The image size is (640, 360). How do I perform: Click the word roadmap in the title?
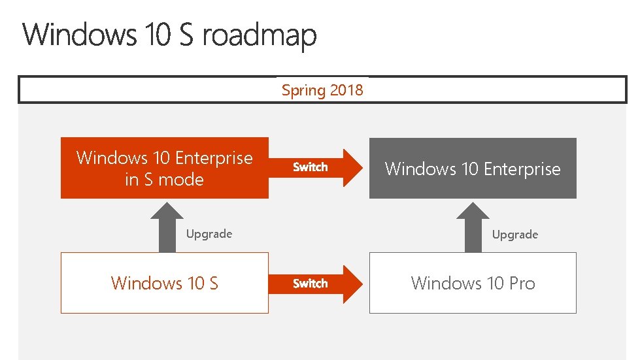pyautogui.click(x=260, y=36)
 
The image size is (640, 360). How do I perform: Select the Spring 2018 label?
pyautogui.click(x=322, y=90)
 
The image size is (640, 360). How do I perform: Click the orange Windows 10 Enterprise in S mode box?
pyautogui.click(x=165, y=168)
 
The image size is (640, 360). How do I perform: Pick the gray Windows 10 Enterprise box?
pyautogui.click(x=473, y=169)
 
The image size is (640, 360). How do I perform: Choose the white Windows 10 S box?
pyautogui.click(x=165, y=283)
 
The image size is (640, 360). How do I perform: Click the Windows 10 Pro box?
pyautogui.click(x=473, y=283)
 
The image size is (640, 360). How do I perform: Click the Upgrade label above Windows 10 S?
pyautogui.click(x=209, y=234)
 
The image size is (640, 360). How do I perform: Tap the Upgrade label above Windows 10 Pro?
pyautogui.click(x=515, y=235)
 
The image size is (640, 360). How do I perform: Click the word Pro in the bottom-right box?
pyautogui.click(x=522, y=284)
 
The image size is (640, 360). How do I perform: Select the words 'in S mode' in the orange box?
pyautogui.click(x=165, y=180)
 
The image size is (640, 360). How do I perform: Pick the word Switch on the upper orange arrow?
pyautogui.click(x=311, y=167)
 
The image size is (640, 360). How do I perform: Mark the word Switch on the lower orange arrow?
pyautogui.click(x=311, y=284)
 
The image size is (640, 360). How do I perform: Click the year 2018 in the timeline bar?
pyautogui.click(x=346, y=90)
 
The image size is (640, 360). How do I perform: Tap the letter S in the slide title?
pyautogui.click(x=186, y=35)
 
